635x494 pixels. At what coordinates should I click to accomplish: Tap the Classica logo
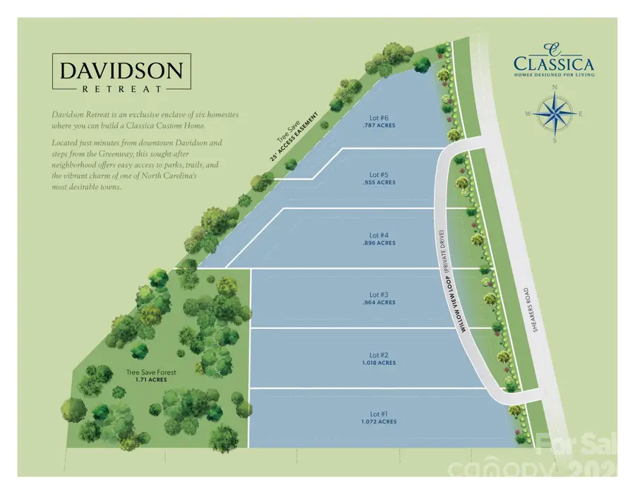coord(554,59)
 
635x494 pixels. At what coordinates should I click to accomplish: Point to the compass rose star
coord(554,113)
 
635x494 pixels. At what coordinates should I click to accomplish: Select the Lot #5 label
coord(375,174)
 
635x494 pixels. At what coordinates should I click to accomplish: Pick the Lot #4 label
coord(375,235)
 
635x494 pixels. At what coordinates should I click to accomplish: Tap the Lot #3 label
coord(375,295)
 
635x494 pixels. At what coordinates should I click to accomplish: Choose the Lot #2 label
coord(375,355)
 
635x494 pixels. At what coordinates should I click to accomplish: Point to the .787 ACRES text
coord(375,126)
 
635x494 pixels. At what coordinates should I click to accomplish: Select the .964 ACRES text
coord(375,303)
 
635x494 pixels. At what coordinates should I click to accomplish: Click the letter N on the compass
coord(555,88)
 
